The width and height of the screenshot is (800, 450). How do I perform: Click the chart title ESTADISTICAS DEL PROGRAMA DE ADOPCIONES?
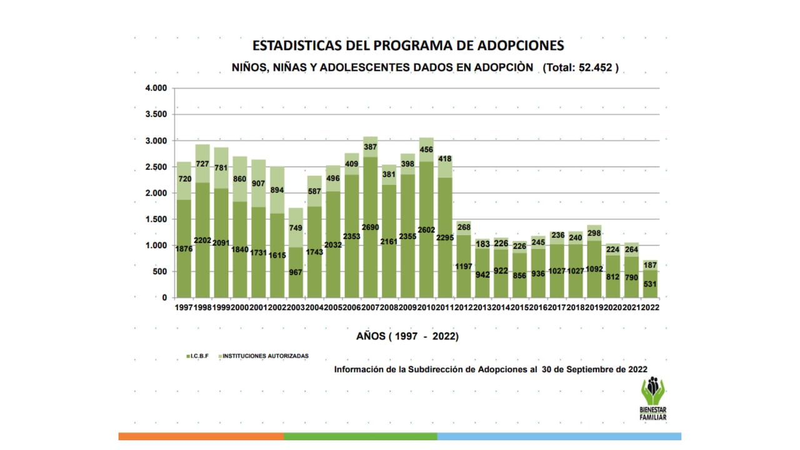[x=407, y=46]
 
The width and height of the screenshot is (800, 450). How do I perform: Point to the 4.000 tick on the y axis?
[x=156, y=88]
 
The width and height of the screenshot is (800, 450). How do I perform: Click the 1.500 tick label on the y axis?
[x=156, y=219]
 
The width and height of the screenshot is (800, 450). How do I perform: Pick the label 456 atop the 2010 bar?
[x=426, y=149]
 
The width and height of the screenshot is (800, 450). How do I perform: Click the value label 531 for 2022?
[x=649, y=284]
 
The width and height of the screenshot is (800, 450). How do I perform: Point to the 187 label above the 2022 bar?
[x=649, y=265]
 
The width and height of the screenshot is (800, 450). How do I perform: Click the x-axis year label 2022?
[x=649, y=307]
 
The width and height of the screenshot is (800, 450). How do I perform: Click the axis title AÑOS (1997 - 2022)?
[x=407, y=336]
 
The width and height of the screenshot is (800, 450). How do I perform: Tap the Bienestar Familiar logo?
[x=653, y=397]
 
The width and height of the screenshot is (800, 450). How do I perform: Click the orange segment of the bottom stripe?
[x=201, y=436]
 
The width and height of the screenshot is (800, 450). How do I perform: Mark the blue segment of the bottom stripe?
[x=559, y=436]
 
